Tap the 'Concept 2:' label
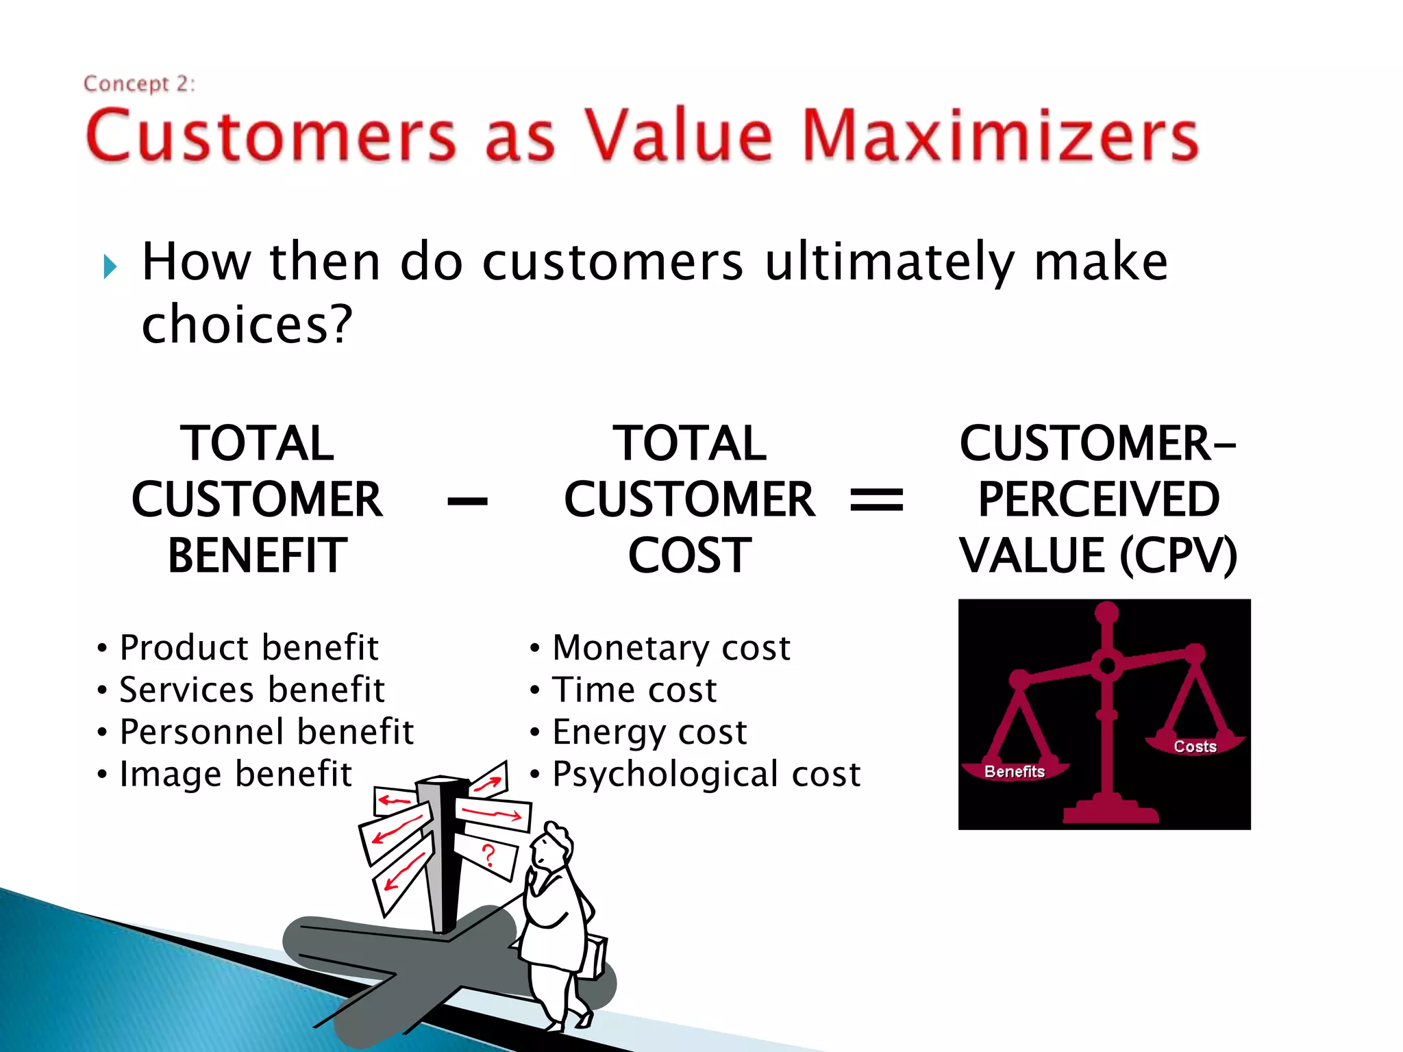point(139,84)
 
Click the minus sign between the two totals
point(467,502)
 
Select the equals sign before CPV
point(876,499)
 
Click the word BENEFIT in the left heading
point(258,555)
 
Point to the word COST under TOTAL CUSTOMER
point(690,555)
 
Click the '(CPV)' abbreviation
point(1178,555)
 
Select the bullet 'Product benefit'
point(248,647)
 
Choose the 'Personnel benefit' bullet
point(266,731)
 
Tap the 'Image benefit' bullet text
point(235,774)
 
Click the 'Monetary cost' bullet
point(671,647)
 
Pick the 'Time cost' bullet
point(634,690)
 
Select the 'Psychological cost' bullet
point(706,774)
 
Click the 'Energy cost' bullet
point(649,731)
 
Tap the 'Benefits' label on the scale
point(1014,772)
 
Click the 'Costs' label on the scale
point(1195,747)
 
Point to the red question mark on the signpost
point(488,855)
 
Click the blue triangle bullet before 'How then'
point(110,266)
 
